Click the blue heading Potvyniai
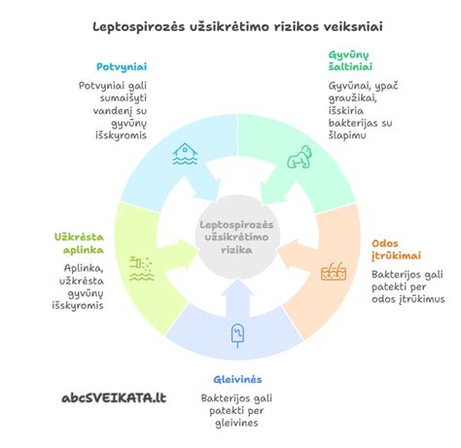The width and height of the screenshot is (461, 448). pos(122,67)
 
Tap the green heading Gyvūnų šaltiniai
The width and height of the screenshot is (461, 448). pos(350,60)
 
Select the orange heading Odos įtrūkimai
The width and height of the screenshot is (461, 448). pos(396,249)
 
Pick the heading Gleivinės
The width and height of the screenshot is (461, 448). pos(237,379)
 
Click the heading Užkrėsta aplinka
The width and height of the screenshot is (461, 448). pos(79,243)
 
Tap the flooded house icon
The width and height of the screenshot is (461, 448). pos(185,154)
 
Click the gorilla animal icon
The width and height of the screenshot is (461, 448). pos(300,157)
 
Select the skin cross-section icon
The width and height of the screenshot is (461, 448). pos(334,271)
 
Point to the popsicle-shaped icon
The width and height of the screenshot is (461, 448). pos(237,335)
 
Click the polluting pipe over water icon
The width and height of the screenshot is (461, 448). pos(142,268)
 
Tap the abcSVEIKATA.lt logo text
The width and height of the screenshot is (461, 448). pos(114,397)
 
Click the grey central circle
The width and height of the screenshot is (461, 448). pos(236,237)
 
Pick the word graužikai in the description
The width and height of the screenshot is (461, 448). pos(352,98)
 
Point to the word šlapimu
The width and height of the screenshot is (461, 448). pos(347,135)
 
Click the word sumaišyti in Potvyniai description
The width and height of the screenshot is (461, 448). pos(124,98)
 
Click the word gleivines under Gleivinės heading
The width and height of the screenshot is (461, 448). pos(236,423)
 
